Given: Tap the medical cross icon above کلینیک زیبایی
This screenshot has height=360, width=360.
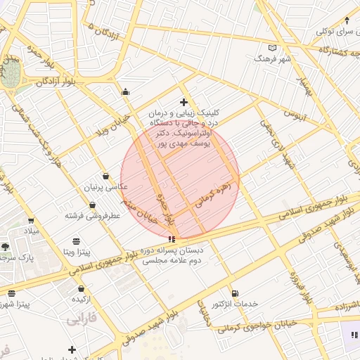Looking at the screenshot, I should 184,103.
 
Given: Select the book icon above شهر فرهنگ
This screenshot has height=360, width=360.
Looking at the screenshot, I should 273,48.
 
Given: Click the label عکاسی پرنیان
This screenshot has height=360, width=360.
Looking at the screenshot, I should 107,187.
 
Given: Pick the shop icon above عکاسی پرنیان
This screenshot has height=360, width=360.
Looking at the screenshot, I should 105,176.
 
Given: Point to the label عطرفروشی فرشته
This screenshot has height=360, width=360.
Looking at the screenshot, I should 92,215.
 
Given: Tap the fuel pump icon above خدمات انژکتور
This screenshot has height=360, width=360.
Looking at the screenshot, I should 234,293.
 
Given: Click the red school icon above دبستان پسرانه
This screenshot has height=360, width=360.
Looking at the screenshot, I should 172,240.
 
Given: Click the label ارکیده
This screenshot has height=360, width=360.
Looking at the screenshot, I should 82,299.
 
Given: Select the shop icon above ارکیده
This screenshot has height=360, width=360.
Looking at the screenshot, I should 82,288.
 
